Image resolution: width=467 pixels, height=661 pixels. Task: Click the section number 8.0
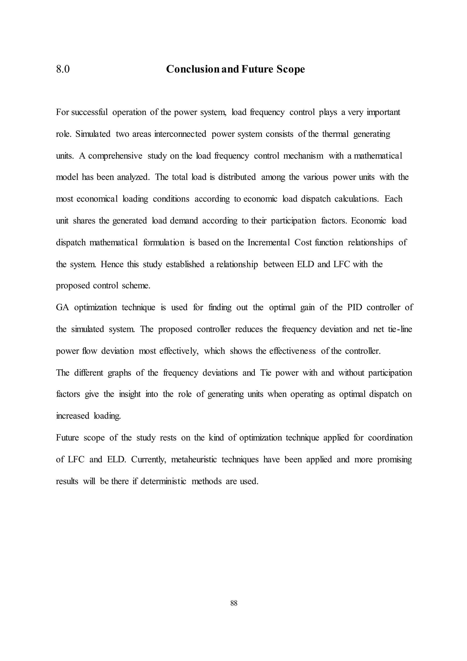coord(63,69)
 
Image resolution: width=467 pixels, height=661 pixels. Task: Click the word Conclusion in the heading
coord(193,69)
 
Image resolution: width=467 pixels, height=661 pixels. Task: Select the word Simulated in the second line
coord(93,134)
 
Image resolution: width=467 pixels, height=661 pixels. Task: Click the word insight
coord(130,394)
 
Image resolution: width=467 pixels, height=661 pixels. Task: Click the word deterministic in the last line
coord(163,481)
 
